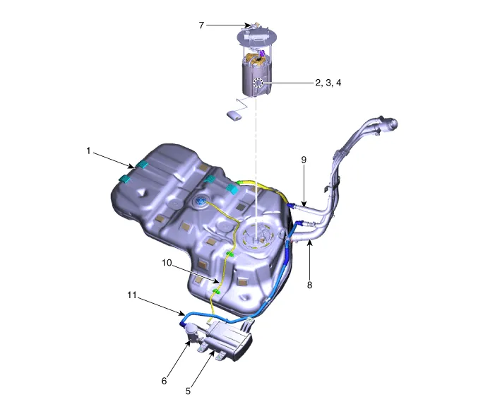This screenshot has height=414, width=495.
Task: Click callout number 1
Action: (x=88, y=150)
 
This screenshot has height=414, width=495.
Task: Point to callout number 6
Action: (x=165, y=381)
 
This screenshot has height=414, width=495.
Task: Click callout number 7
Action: (x=201, y=25)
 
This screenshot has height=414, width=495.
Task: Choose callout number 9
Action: (x=304, y=160)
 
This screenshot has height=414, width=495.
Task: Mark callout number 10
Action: (x=167, y=263)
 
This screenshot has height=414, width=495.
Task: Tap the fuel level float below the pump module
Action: (x=234, y=114)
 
